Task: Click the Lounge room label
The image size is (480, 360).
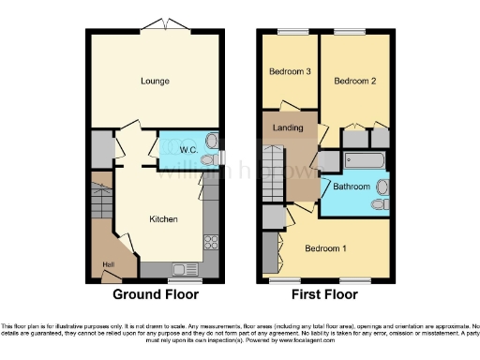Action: click(x=156, y=82)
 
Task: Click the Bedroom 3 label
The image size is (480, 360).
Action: click(x=290, y=71)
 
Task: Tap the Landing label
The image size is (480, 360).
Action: click(x=287, y=127)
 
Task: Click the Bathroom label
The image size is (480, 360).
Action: click(x=352, y=187)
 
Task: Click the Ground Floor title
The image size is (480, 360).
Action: click(x=156, y=294)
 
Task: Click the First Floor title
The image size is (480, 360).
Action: click(x=325, y=294)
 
